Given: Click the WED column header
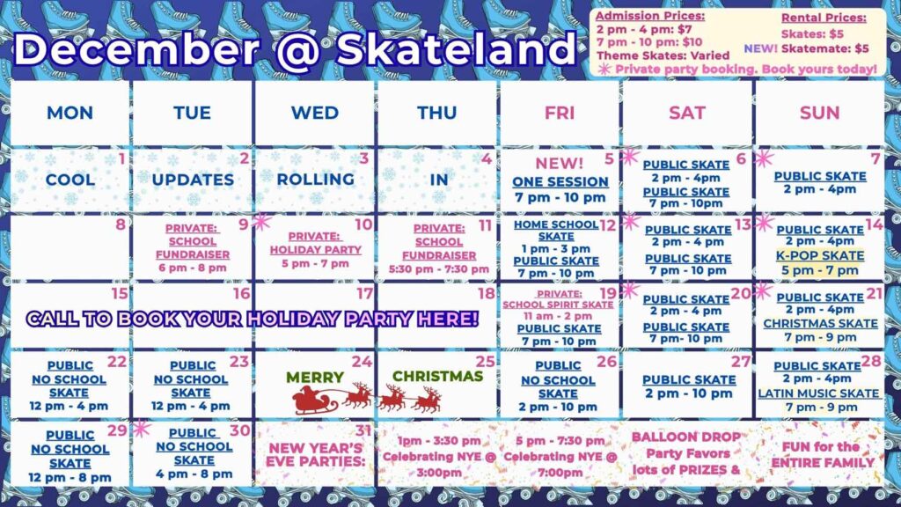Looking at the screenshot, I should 314,113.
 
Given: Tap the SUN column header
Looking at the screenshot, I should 819,113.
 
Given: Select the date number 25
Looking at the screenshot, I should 485,361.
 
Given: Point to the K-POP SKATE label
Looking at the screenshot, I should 820,256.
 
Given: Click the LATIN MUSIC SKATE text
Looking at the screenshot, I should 819,393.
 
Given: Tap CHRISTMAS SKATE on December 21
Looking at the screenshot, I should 820,323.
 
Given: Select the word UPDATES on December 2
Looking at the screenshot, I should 193,179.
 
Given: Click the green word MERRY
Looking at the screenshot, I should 314,377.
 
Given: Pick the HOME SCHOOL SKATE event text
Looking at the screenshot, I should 556,230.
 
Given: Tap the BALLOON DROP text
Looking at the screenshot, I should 686,437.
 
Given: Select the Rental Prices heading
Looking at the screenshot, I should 823,17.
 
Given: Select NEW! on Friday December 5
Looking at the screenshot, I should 560,163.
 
